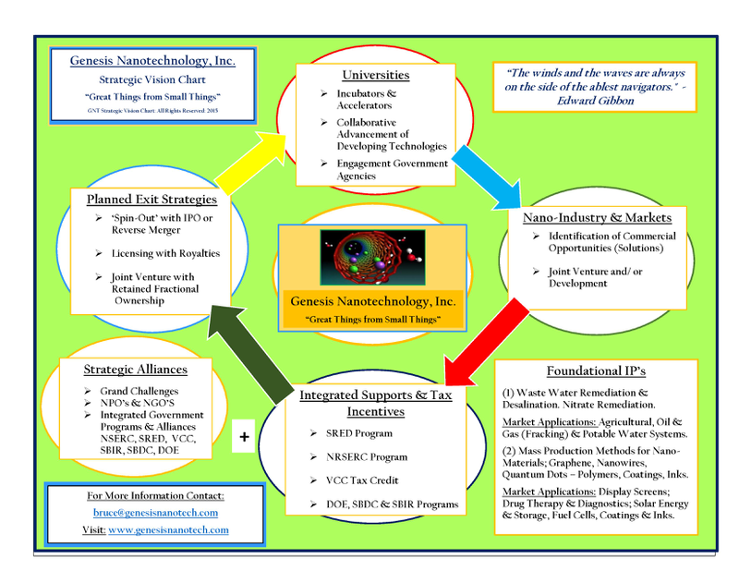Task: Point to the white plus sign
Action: click(244, 437)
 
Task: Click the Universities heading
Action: click(376, 74)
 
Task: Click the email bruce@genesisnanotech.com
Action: click(155, 512)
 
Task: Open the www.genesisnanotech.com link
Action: click(168, 530)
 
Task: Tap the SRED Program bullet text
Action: click(361, 432)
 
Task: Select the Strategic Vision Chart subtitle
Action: click(152, 81)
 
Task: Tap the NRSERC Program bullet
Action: click(367, 456)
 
